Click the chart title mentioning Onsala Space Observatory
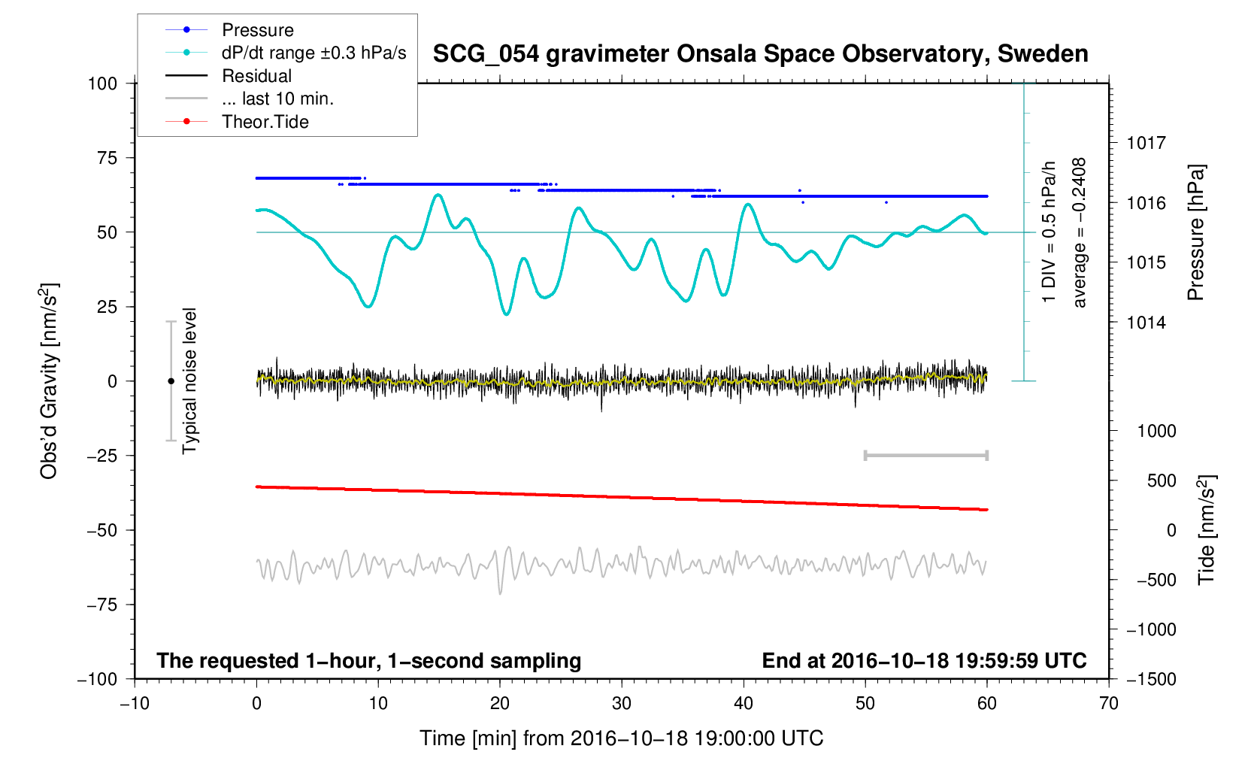tap(760, 54)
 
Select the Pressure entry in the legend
tap(257, 30)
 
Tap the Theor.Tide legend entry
tap(265, 122)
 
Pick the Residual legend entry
tap(256, 76)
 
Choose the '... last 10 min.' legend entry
tap(277, 99)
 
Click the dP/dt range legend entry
tap(313, 53)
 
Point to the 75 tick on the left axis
tap(108, 158)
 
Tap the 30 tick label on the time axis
tap(622, 703)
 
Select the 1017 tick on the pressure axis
tap(1146, 143)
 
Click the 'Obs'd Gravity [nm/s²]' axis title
tap(49, 381)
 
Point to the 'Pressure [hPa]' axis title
tap(1195, 232)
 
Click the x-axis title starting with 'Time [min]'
tap(621, 738)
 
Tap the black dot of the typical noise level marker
tap(171, 381)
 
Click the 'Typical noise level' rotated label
tap(189, 381)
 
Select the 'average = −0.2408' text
tap(1080, 232)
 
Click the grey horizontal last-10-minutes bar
tap(925, 455)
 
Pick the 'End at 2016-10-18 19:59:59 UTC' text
tap(924, 661)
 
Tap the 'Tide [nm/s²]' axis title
tap(1207, 529)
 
